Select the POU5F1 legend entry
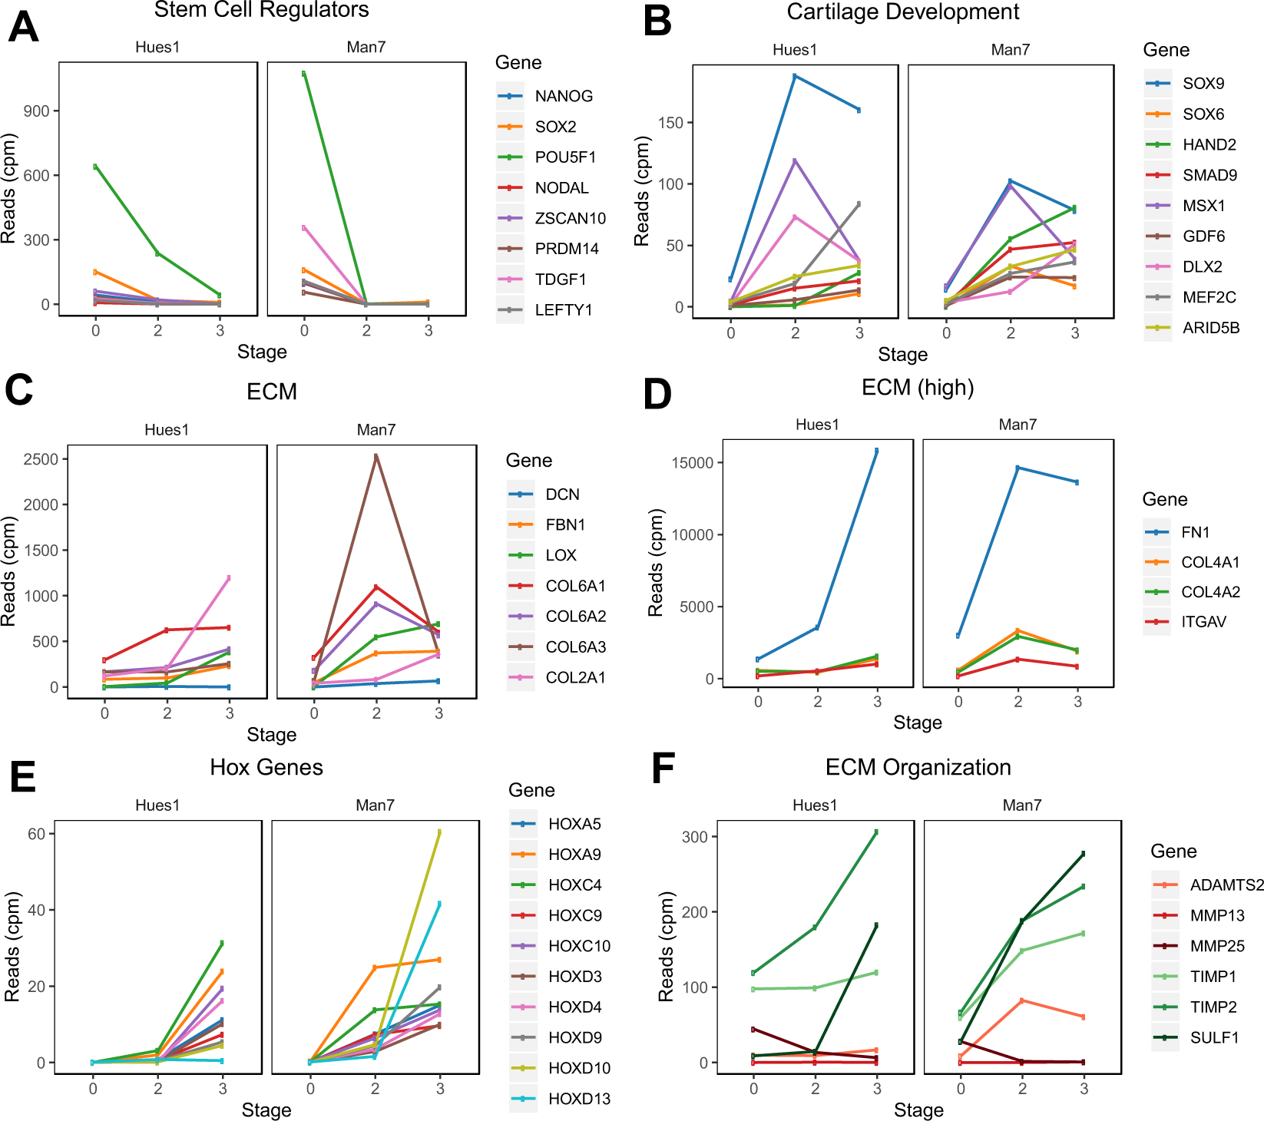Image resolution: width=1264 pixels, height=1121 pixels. tap(564, 157)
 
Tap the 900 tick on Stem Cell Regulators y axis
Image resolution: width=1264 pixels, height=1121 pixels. tap(36, 111)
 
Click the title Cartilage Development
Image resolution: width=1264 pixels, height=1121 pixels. tap(902, 12)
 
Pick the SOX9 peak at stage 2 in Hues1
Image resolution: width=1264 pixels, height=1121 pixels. tap(795, 76)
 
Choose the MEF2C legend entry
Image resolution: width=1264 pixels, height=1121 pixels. tap(1209, 298)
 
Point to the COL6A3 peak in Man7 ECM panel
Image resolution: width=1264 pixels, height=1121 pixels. tap(376, 455)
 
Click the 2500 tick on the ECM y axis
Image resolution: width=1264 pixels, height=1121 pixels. tap(41, 459)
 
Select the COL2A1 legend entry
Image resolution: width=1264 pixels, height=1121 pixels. tap(574, 678)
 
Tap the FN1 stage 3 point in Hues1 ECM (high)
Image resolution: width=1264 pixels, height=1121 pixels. tap(876, 451)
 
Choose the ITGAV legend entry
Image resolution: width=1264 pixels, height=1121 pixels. tap(1203, 622)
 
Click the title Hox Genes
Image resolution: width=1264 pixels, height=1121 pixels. tap(266, 767)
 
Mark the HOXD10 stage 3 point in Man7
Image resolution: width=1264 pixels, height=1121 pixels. tap(439, 832)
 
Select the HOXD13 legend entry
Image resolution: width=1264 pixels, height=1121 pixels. tap(578, 1099)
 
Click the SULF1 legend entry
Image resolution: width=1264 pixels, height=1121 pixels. tap(1214, 1038)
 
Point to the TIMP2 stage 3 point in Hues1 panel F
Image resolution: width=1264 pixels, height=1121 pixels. tap(875, 832)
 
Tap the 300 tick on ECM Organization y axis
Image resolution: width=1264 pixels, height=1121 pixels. tap(694, 837)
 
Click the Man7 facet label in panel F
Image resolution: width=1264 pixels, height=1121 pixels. tap(1021, 805)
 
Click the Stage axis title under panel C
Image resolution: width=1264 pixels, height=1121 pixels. tap(271, 735)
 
